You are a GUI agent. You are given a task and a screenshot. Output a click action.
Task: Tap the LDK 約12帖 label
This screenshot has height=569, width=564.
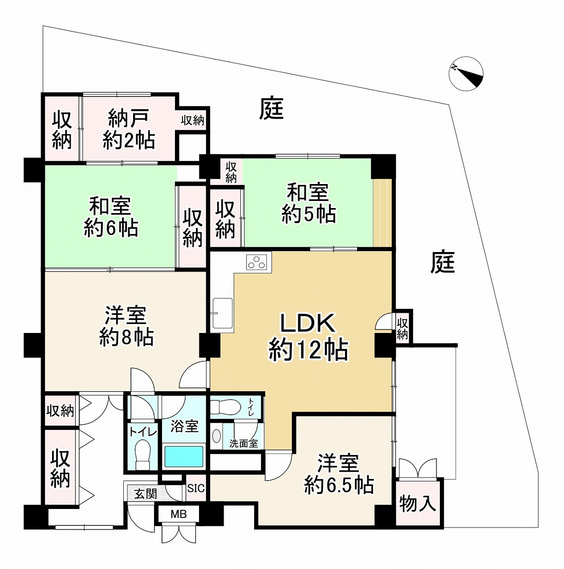click(308, 337)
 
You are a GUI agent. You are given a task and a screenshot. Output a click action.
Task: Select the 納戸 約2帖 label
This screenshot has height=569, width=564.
click(129, 129)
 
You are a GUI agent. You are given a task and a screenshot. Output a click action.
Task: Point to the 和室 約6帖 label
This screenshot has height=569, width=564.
click(110, 217)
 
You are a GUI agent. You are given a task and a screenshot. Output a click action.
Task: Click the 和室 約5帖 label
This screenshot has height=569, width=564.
click(308, 204)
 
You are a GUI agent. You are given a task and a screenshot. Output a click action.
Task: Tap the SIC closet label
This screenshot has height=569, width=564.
click(196, 488)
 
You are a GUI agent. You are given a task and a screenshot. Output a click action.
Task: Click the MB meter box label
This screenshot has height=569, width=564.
click(179, 514)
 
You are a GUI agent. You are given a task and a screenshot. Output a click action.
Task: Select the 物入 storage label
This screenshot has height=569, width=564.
click(418, 504)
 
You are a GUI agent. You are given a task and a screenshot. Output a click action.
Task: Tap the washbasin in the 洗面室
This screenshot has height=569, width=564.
click(216, 436)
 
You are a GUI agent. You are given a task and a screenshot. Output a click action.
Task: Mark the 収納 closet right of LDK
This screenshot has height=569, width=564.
click(402, 328)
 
